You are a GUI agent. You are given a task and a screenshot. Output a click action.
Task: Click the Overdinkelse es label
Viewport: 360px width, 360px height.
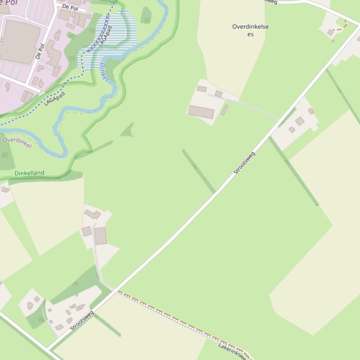[250, 30]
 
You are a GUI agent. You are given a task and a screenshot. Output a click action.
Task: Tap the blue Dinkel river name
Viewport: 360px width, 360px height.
[104, 72]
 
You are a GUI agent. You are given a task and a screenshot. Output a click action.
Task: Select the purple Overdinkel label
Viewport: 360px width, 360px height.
[17, 142]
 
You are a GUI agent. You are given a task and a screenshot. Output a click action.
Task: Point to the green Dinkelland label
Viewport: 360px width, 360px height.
[29, 173]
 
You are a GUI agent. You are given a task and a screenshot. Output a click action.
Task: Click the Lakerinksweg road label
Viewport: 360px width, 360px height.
[232, 351]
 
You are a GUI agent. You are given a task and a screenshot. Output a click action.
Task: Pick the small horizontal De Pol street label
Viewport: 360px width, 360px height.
[70, 8]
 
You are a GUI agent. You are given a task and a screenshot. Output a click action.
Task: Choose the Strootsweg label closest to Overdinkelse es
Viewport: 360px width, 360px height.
[244, 163]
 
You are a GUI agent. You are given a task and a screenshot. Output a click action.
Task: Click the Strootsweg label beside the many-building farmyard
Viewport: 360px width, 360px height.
[82, 320]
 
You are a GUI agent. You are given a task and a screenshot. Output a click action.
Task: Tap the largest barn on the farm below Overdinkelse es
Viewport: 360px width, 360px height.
[201, 112]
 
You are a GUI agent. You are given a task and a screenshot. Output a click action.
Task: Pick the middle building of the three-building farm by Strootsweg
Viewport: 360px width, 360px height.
[300, 121]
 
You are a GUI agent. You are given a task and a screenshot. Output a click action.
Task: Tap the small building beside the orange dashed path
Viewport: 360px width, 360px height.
[330, 32]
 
